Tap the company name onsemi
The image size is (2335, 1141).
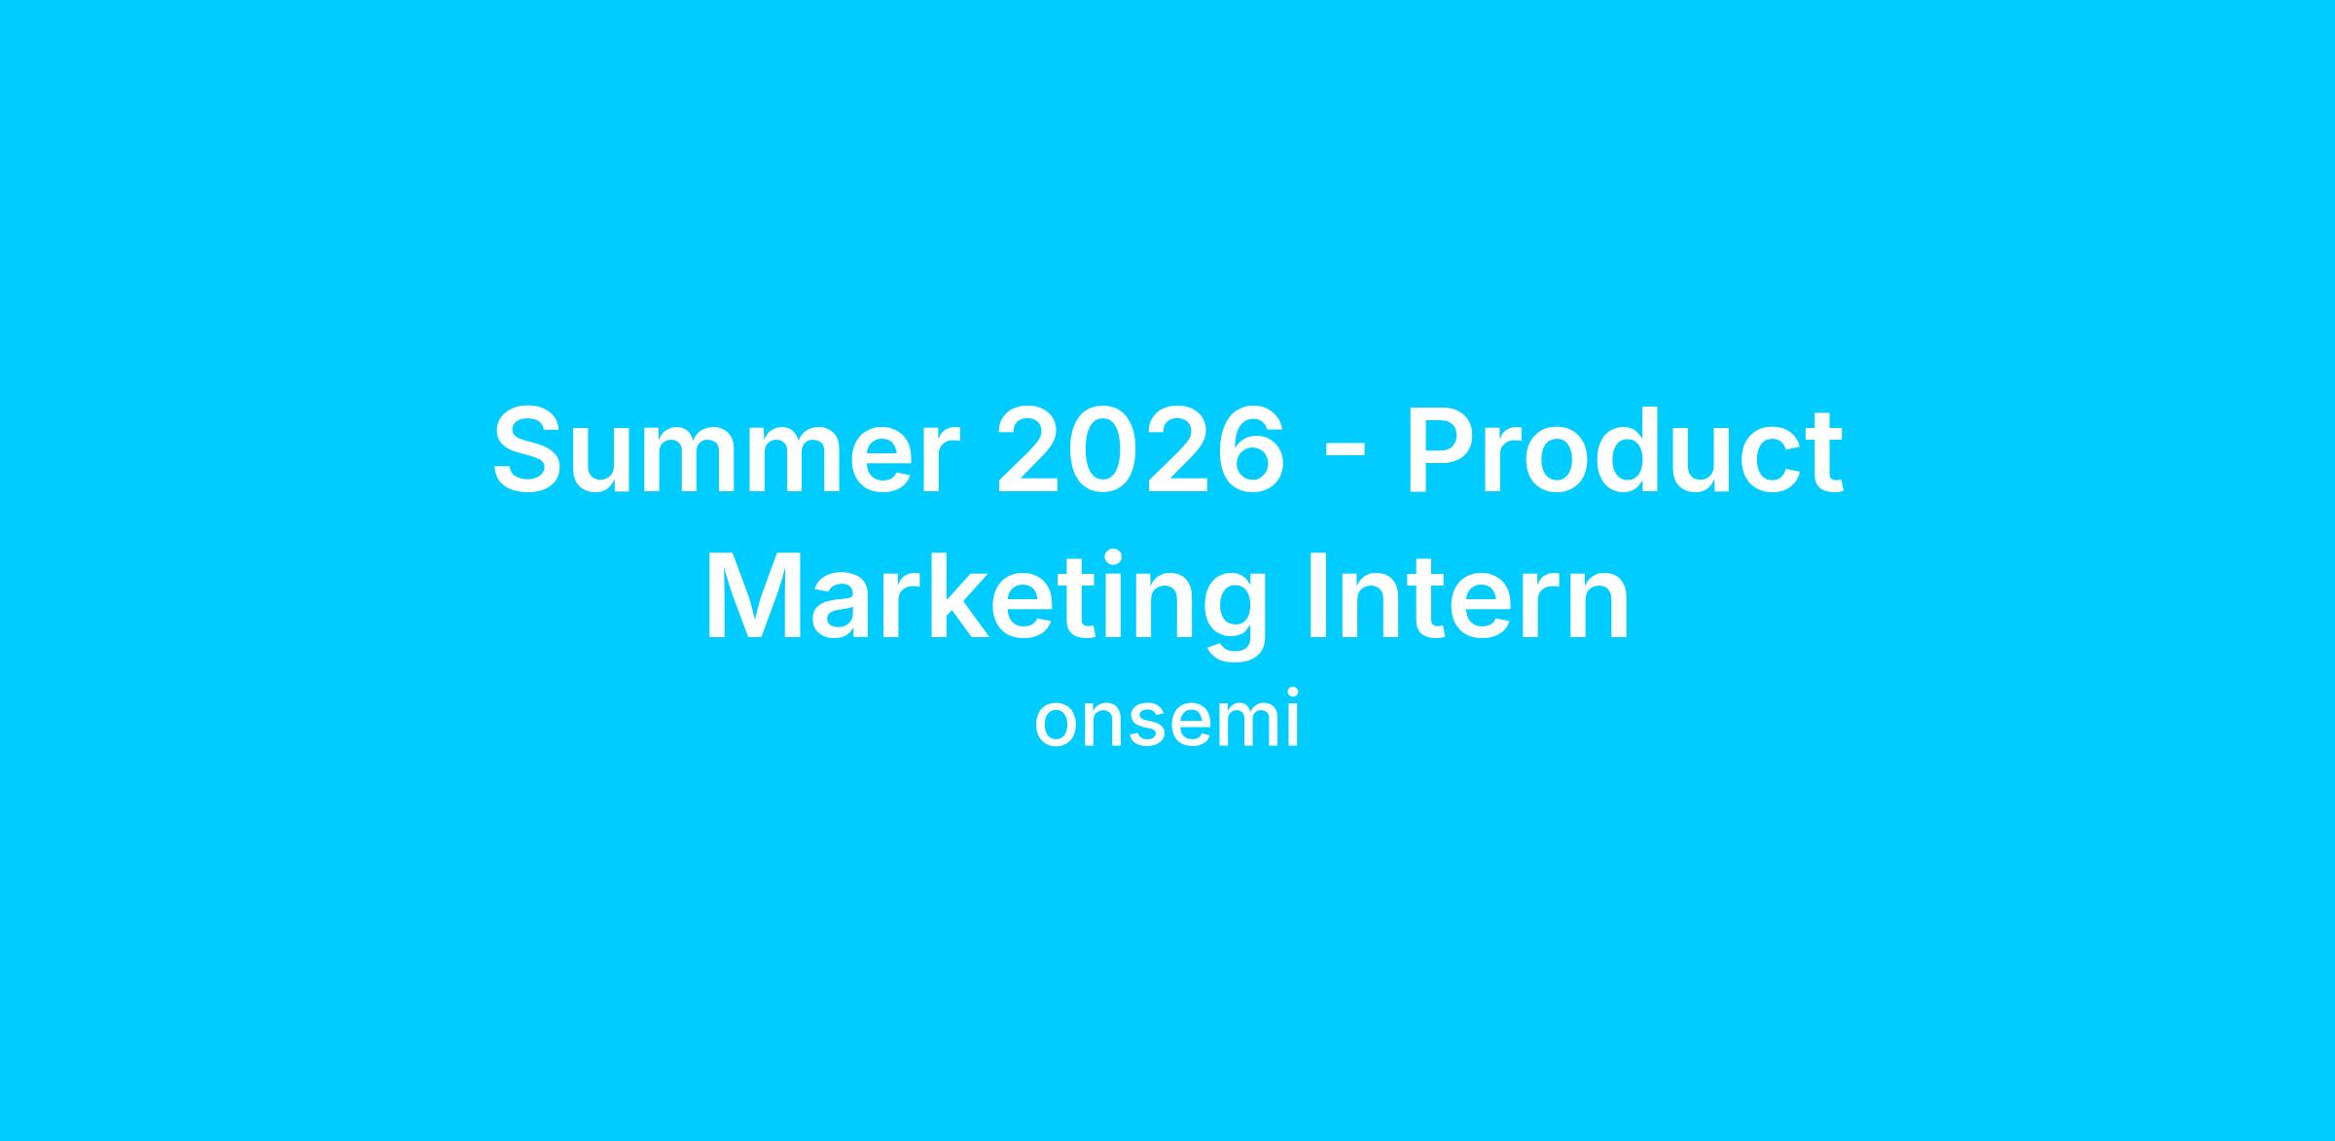tap(1167, 725)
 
